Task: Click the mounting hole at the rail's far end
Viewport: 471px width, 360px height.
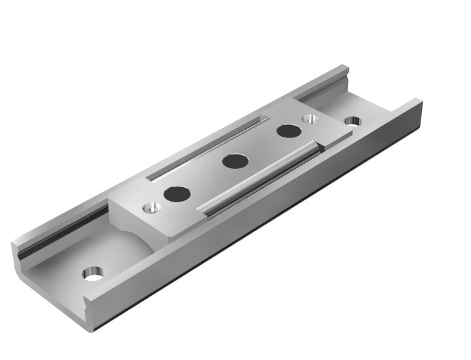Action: pyautogui.click(x=352, y=122)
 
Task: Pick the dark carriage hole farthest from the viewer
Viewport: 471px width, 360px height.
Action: pyautogui.click(x=286, y=130)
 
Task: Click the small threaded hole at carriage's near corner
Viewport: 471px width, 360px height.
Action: pyautogui.click(x=150, y=207)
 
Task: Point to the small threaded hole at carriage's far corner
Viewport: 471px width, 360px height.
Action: pyautogui.click(x=309, y=119)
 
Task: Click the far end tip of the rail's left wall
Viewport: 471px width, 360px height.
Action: pyautogui.click(x=345, y=67)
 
